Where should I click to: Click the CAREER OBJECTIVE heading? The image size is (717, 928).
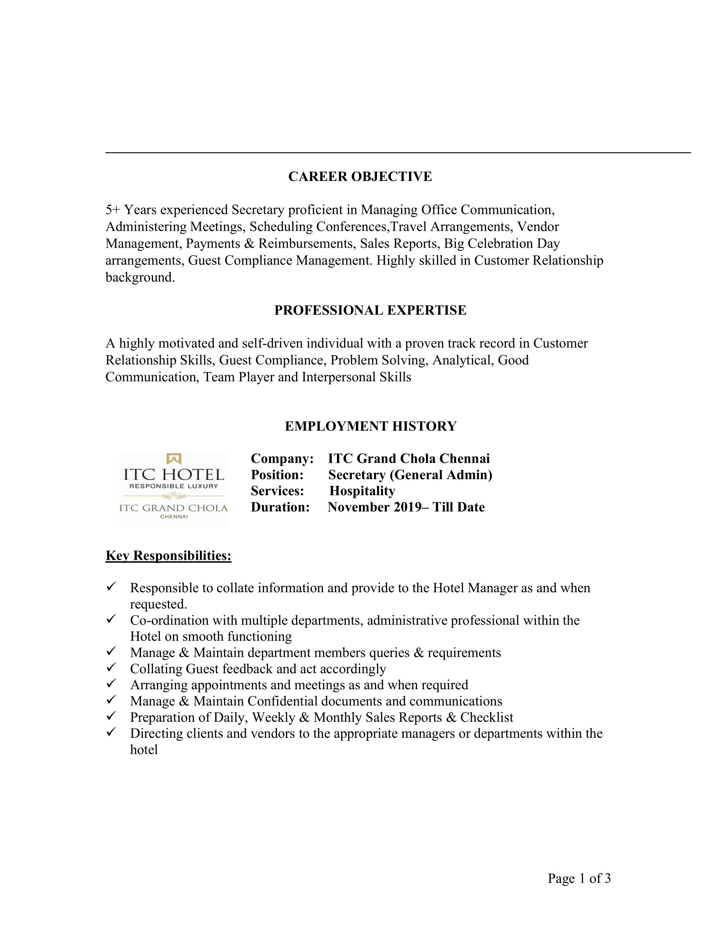coord(360,176)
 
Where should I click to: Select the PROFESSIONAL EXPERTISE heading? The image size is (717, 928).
coord(370,310)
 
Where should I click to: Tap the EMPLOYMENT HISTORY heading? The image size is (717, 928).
coord(370,426)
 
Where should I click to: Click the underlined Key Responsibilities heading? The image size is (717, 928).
coord(168,556)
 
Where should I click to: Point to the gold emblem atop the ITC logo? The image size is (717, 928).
coord(174,459)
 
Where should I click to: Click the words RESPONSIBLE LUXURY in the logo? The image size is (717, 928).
coord(174,486)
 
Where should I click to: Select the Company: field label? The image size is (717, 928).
coord(282,459)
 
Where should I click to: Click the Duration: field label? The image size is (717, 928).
coord(280,507)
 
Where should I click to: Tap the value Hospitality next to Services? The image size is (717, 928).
coord(362,491)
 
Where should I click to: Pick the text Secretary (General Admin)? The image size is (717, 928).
coord(410,475)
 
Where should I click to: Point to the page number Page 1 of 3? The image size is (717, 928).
coord(579,878)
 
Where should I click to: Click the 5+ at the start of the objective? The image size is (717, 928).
coord(113,210)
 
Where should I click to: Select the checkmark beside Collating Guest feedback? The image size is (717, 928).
coord(111,668)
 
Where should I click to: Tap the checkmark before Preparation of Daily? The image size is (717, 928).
coord(111,716)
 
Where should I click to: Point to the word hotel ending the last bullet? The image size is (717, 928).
coord(143,750)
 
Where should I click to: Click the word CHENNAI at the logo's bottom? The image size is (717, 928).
coord(174,517)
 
